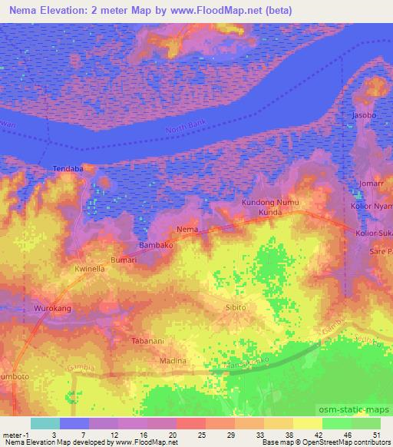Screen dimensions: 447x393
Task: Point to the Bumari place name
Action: (124, 260)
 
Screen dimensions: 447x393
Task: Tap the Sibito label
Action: (234, 306)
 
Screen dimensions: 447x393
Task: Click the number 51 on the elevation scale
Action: (376, 435)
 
